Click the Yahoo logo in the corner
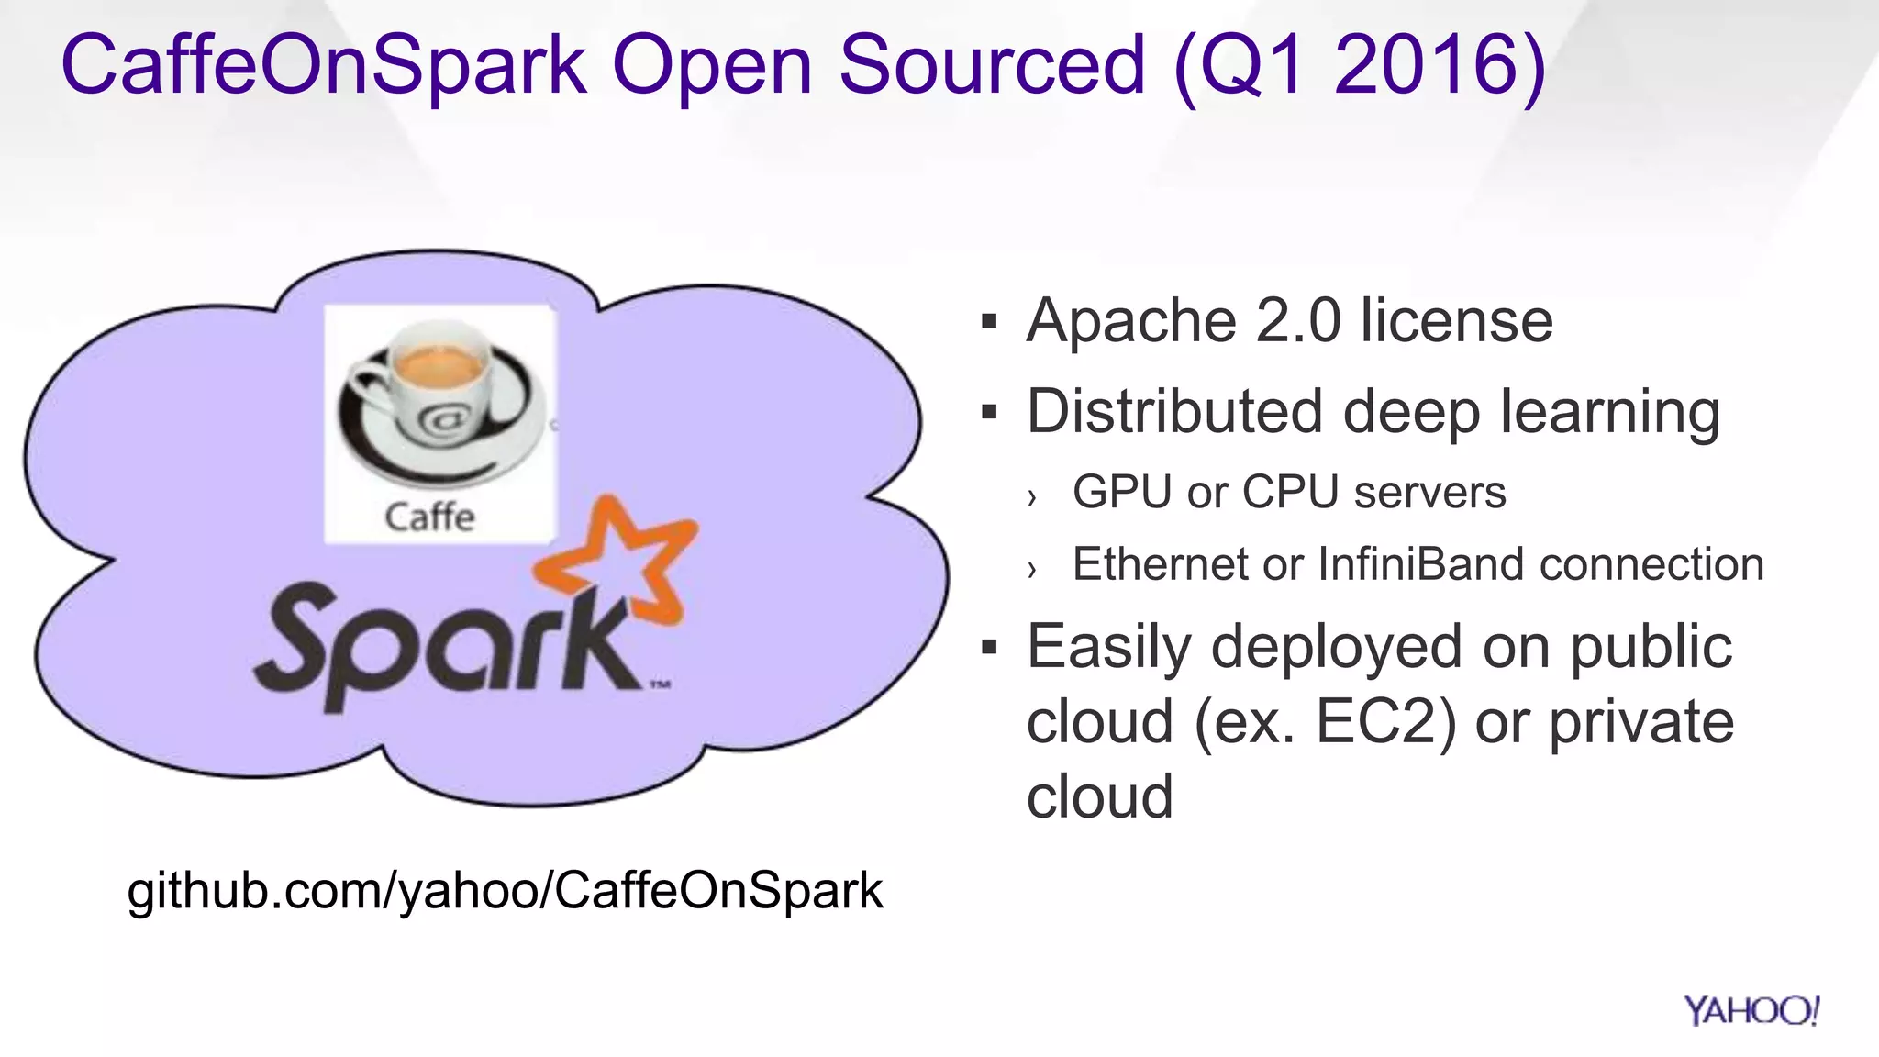(x=1751, y=1010)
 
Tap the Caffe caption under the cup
(x=429, y=517)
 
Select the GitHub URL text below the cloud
(x=505, y=890)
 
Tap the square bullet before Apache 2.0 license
(x=989, y=322)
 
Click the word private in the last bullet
(x=1641, y=721)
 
